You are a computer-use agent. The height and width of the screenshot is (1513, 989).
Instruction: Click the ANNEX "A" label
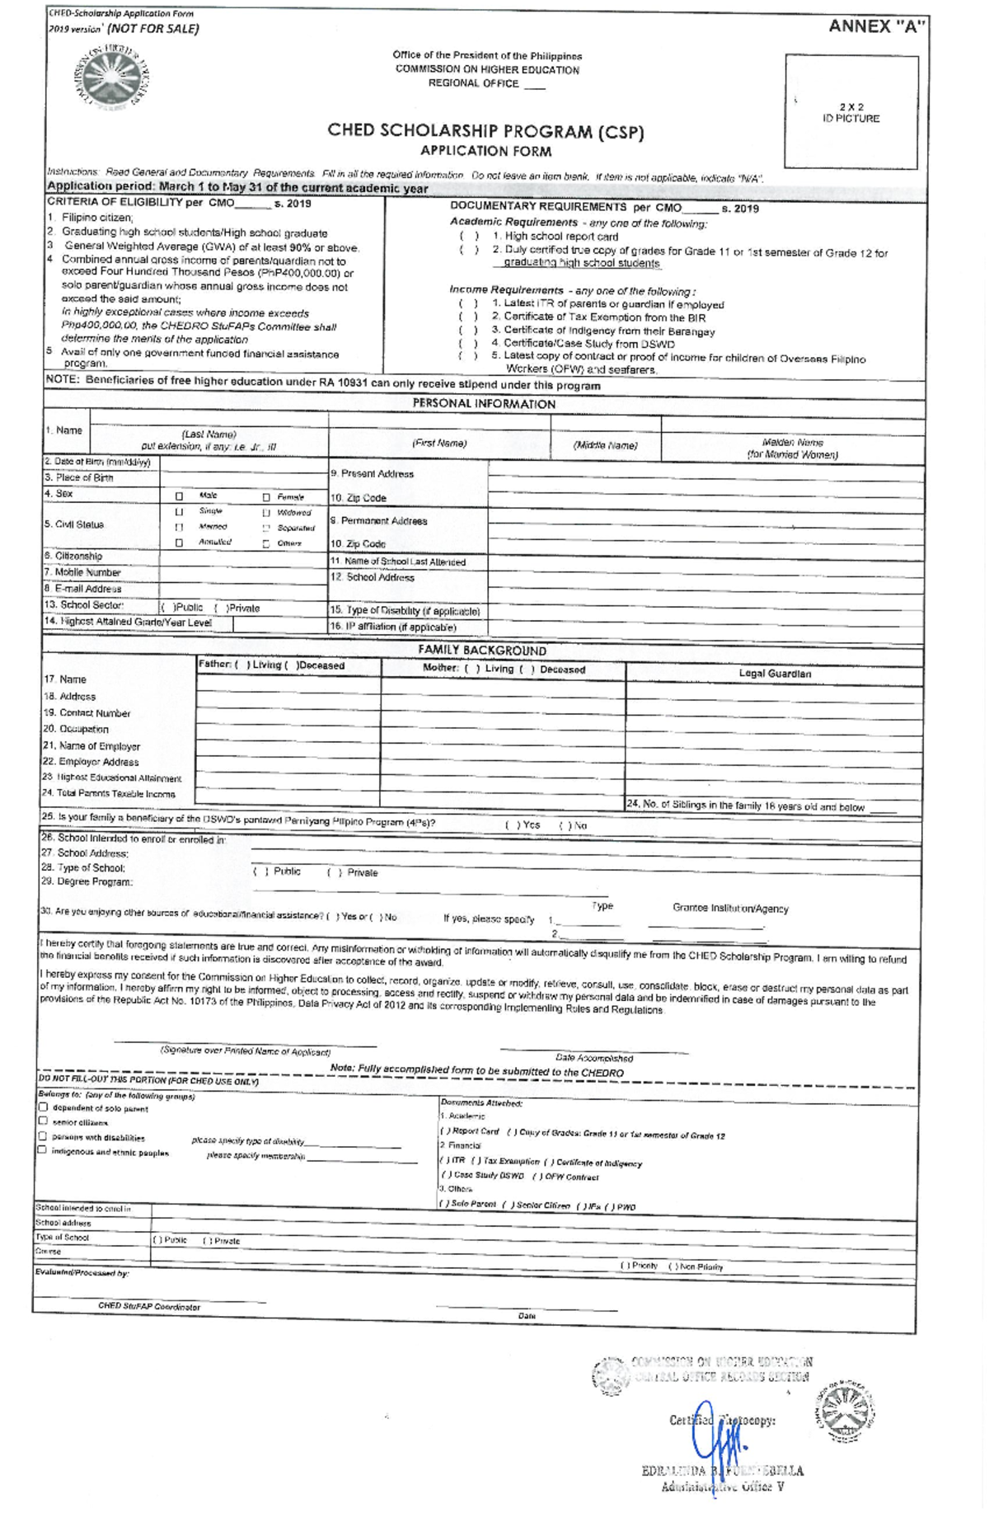[876, 26]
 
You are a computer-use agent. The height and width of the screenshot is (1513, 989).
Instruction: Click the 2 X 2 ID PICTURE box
[851, 112]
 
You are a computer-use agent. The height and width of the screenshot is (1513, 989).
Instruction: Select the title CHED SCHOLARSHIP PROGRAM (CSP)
[485, 131]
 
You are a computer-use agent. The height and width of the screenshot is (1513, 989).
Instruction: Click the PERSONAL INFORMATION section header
[484, 404]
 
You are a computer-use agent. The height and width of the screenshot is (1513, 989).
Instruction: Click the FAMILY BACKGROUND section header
[482, 651]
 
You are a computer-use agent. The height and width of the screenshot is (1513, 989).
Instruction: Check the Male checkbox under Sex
[180, 496]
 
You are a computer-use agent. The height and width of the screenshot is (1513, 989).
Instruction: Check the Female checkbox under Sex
[266, 497]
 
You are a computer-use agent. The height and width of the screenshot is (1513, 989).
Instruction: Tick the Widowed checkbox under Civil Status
[266, 513]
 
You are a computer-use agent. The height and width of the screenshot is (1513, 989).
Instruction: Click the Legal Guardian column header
[774, 674]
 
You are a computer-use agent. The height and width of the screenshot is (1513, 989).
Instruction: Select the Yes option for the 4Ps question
[523, 825]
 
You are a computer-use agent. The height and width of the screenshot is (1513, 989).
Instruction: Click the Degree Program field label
[87, 881]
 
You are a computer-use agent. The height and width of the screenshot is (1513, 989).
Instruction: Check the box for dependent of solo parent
[44, 1107]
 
